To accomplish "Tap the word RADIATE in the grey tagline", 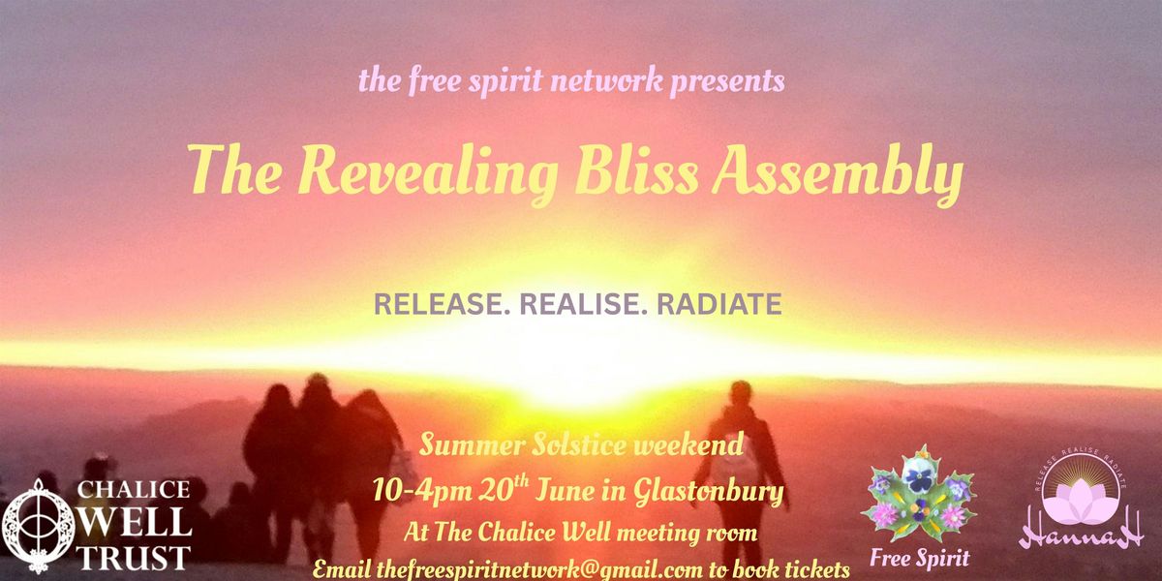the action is click(x=719, y=304).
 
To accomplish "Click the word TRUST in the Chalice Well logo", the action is click(x=134, y=558).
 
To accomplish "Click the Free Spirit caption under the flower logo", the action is click(x=919, y=558).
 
